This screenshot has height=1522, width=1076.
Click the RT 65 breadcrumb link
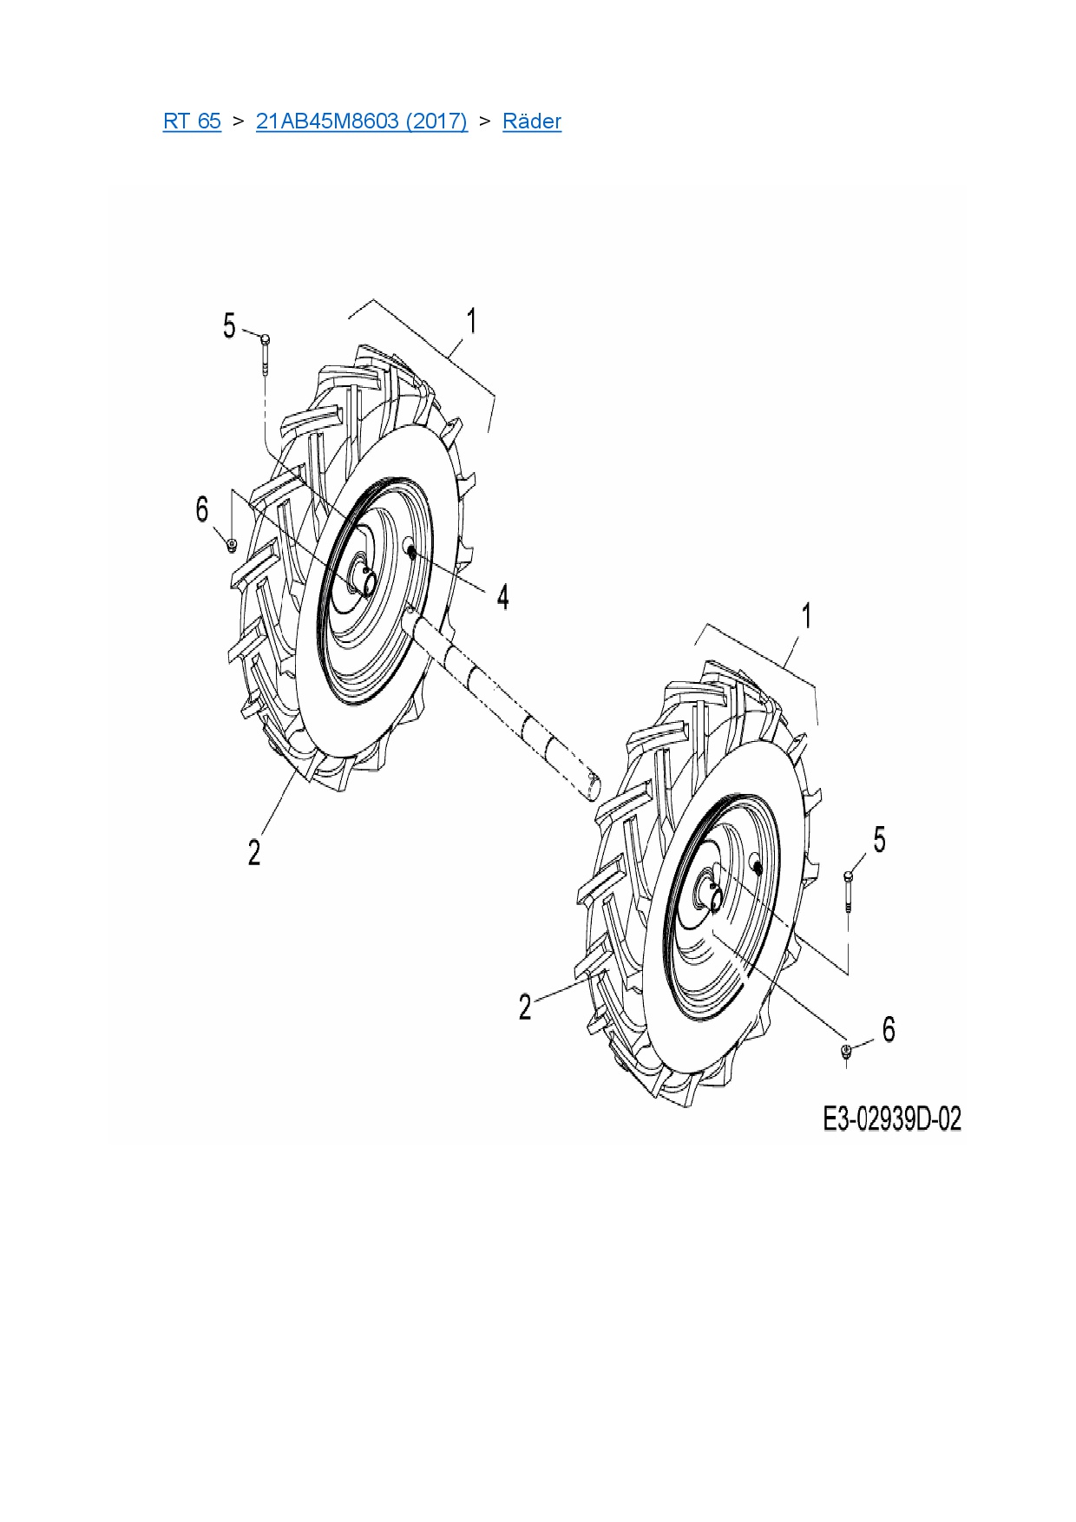pyautogui.click(x=192, y=121)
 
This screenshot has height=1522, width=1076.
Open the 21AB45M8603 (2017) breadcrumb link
pyautogui.click(x=361, y=121)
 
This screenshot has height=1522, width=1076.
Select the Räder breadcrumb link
pyautogui.click(x=532, y=121)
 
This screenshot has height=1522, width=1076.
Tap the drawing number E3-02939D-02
pyautogui.click(x=892, y=1119)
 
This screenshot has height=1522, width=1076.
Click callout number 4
pyautogui.click(x=502, y=597)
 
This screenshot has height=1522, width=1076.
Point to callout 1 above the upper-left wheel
pyautogui.click(x=471, y=321)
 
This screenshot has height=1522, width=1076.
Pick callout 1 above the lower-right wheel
pyautogui.click(x=806, y=616)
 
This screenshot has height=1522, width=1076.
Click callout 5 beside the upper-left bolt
pyautogui.click(x=229, y=326)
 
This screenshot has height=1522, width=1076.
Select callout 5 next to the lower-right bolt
pyautogui.click(x=879, y=840)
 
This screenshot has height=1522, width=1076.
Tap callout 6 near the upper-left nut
pyautogui.click(x=202, y=509)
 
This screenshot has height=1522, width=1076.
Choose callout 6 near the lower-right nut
pyautogui.click(x=888, y=1030)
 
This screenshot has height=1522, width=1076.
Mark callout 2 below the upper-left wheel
pyautogui.click(x=253, y=852)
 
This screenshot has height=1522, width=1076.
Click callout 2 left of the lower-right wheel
pyautogui.click(x=524, y=1007)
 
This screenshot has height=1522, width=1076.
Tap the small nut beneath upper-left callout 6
pyautogui.click(x=232, y=545)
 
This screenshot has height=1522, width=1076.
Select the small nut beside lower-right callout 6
pyautogui.click(x=846, y=1051)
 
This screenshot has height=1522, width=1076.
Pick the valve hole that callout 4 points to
pyautogui.click(x=410, y=549)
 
